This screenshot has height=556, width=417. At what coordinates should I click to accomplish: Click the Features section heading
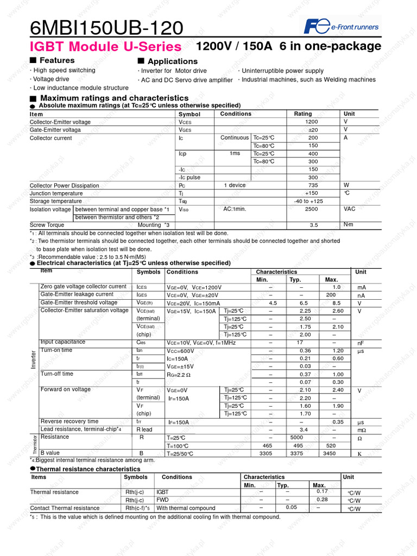click(x=56, y=60)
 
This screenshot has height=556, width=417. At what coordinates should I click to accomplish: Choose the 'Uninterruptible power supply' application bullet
click(x=282, y=71)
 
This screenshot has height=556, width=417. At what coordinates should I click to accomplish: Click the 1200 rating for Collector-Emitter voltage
click(x=311, y=122)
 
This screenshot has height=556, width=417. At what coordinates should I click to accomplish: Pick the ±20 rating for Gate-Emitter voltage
click(x=313, y=130)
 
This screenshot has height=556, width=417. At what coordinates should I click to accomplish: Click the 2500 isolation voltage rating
click(x=311, y=209)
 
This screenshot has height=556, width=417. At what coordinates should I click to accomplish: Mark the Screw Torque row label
click(x=47, y=225)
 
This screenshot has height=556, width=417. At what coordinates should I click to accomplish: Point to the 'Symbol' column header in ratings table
click(x=189, y=115)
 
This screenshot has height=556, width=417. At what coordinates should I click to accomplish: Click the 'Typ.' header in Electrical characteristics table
click(x=295, y=280)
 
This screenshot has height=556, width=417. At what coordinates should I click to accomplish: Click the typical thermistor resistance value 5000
click(x=296, y=437)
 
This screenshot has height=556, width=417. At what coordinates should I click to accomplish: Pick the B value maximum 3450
click(x=329, y=453)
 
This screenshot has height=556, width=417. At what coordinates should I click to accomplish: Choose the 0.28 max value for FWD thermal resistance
click(x=322, y=500)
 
